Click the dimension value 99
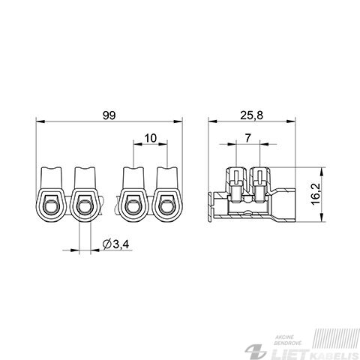click(x=109, y=115)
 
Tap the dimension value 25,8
click(x=252, y=115)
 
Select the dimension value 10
click(x=151, y=138)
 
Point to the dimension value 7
click(x=247, y=138)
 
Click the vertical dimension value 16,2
click(x=316, y=193)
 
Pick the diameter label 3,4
click(x=121, y=244)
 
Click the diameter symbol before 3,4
click(x=106, y=244)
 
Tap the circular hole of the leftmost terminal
click(x=51, y=207)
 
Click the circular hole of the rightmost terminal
click(x=166, y=207)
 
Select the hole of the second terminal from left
click(x=85, y=207)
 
